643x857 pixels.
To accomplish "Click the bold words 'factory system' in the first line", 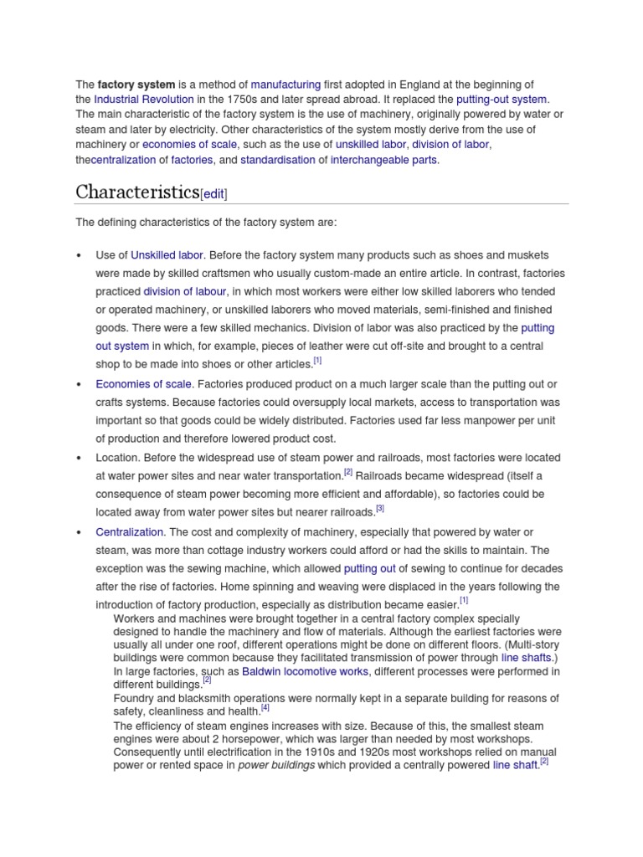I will (x=136, y=85).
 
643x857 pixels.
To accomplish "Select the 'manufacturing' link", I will (x=285, y=85).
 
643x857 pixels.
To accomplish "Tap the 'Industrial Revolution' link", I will (x=145, y=100).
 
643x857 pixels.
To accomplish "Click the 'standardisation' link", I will (x=278, y=160).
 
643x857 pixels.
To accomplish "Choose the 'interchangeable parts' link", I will (x=384, y=160).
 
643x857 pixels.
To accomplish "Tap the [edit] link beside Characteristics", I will (x=213, y=193).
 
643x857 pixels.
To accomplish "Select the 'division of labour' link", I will (x=184, y=292).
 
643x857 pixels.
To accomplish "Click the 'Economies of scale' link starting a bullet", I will (x=144, y=384).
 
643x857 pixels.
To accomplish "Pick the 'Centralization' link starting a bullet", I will (x=130, y=532).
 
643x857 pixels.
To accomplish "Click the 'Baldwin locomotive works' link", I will (x=305, y=671).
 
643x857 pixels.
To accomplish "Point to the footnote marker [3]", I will (x=380, y=508).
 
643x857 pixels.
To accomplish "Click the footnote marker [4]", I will (x=265, y=707).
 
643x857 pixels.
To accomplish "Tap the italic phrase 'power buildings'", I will (x=276, y=765).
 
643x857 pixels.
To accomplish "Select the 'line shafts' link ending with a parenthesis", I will (x=526, y=658).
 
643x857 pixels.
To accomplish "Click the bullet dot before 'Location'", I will (x=78, y=459).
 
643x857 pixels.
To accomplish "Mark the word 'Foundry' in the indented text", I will (x=134, y=698).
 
